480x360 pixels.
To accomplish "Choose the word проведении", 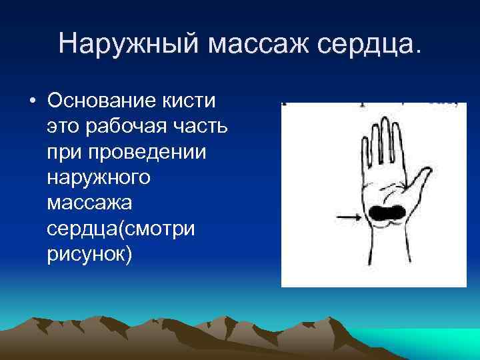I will coord(153,153).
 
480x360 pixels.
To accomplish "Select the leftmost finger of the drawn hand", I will coord(365,154).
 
